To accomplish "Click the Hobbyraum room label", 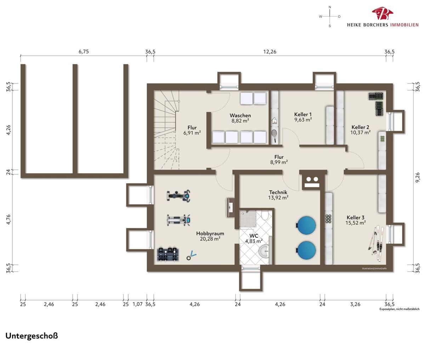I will pos(210,234).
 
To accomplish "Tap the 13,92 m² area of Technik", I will pos(278,198).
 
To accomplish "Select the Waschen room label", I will pos(240,115).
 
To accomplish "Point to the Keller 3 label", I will pos(355,218).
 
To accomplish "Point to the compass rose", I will pos(329,16).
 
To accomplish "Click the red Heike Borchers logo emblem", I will pos(382,14).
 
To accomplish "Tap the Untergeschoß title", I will pos(32,336).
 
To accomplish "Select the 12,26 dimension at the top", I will pos(270,52).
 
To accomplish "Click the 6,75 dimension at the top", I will pos(84,52).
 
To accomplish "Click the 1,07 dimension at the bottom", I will pos(137,304).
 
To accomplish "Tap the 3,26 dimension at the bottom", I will pos(355,304).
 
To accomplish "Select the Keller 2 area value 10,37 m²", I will pos(361,132).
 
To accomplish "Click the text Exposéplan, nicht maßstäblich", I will pos(399,309).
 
